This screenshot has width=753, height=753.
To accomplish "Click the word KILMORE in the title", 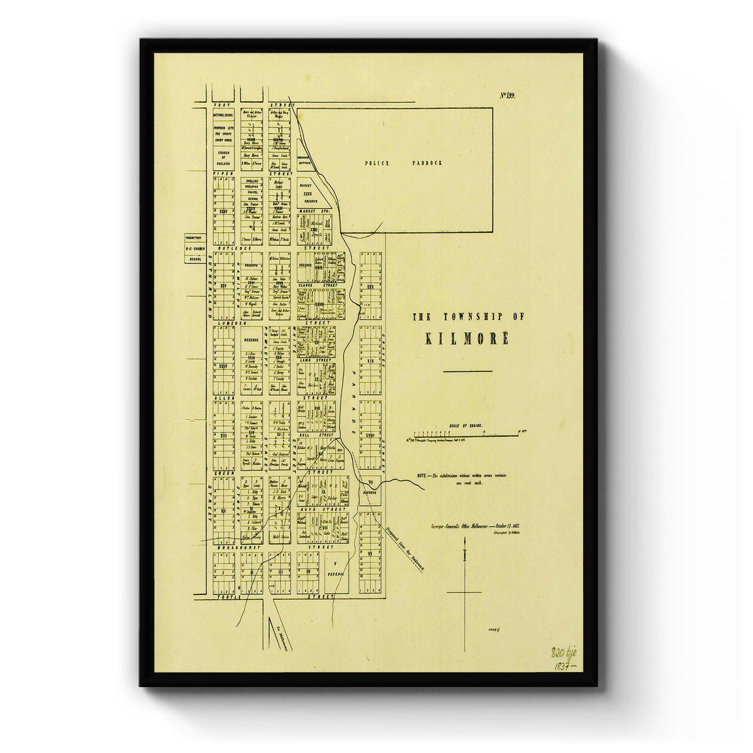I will point(467,339).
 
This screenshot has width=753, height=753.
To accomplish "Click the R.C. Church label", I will point(195,249).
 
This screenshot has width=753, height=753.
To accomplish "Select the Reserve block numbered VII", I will point(370,488).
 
